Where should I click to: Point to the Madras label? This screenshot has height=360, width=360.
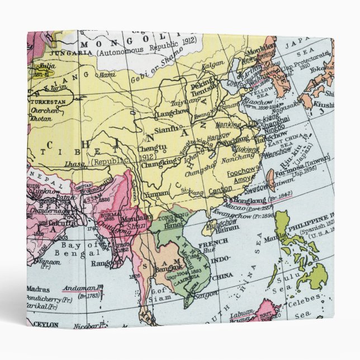coord(38,290)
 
